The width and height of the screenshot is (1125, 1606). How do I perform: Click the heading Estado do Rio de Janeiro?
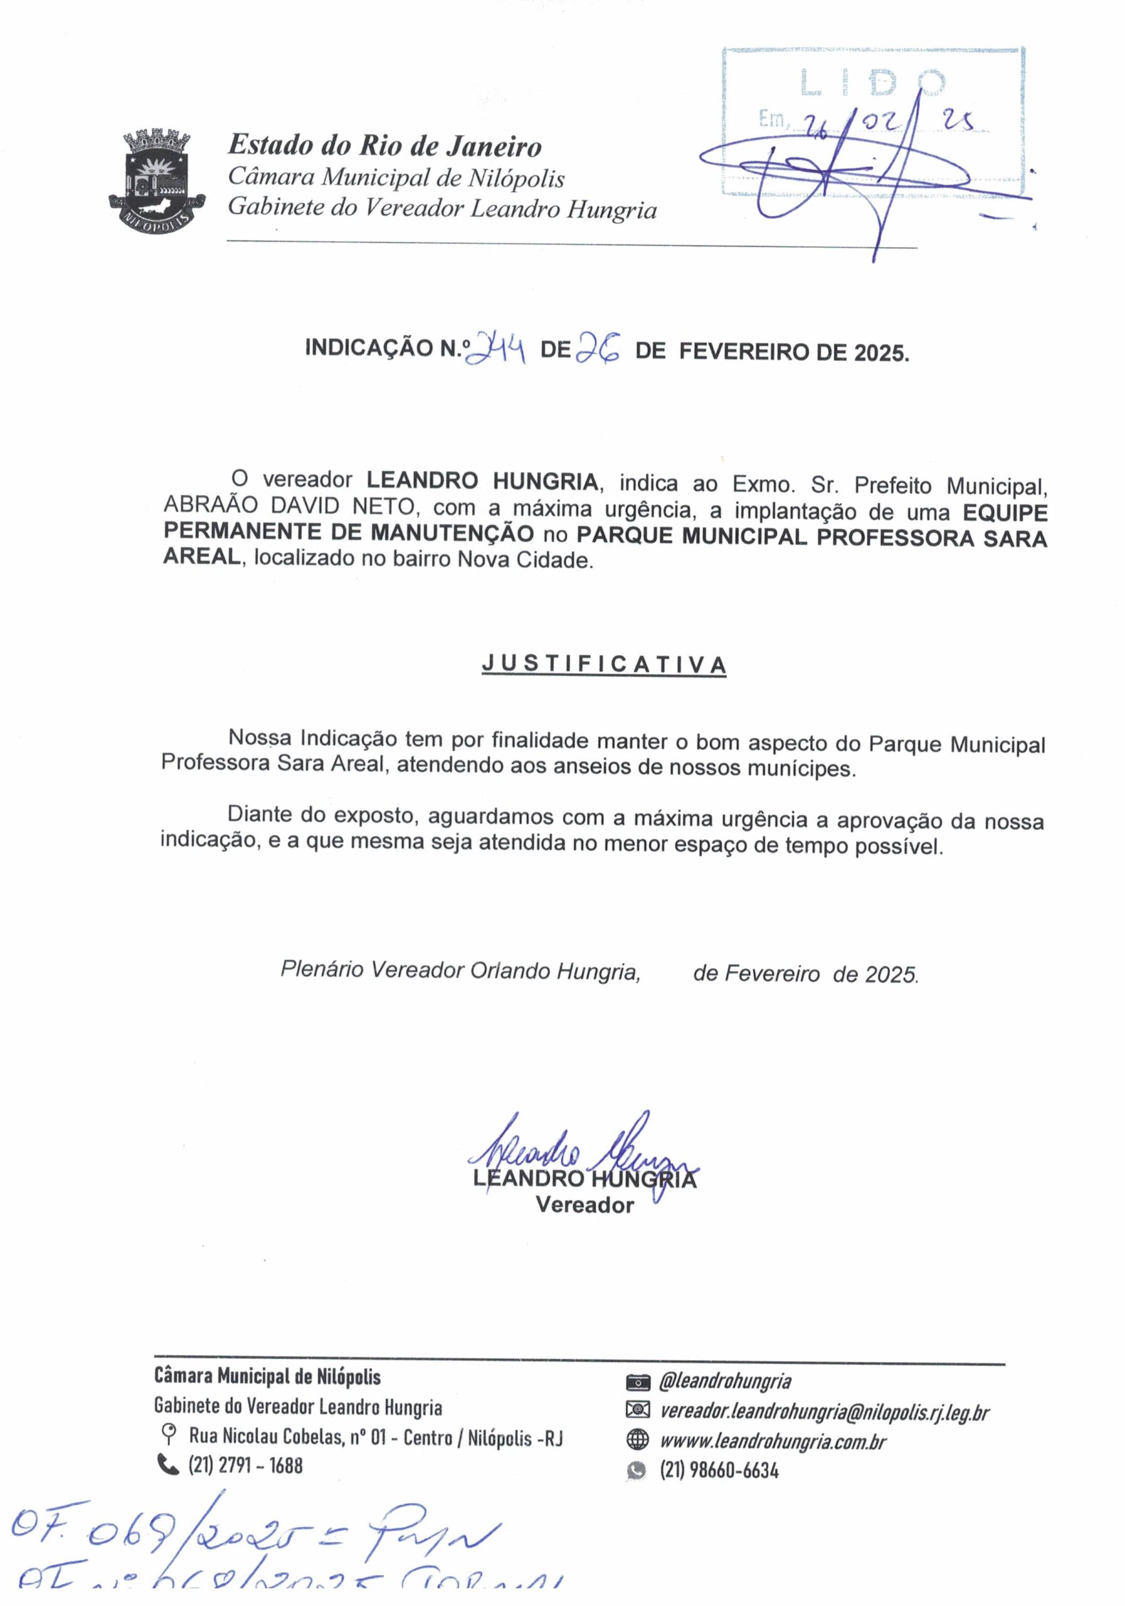pyautogui.click(x=384, y=146)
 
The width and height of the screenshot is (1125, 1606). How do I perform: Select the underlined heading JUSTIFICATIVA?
pyautogui.click(x=604, y=664)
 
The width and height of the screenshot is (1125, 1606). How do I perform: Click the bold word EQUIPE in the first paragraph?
pyautogui.click(x=1005, y=513)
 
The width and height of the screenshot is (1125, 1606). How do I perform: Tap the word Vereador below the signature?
pyautogui.click(x=584, y=1205)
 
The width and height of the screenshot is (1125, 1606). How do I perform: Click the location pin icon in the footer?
pyautogui.click(x=168, y=1437)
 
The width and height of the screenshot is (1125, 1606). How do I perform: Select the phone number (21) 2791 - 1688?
pyautogui.click(x=245, y=1465)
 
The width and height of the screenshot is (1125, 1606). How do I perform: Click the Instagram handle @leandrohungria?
pyautogui.click(x=725, y=1381)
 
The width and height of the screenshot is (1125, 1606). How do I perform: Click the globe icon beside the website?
pyautogui.click(x=638, y=1440)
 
